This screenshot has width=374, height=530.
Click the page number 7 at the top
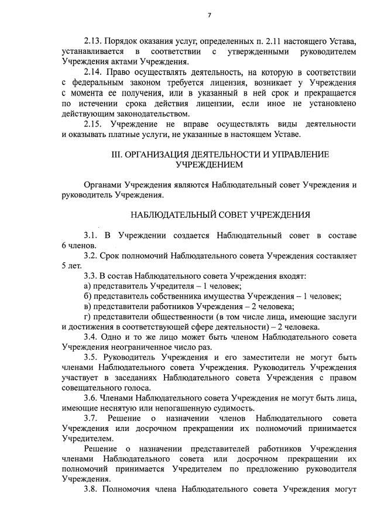(210, 16)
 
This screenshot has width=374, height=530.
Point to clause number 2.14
(94, 72)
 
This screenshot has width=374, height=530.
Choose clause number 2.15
(94, 125)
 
